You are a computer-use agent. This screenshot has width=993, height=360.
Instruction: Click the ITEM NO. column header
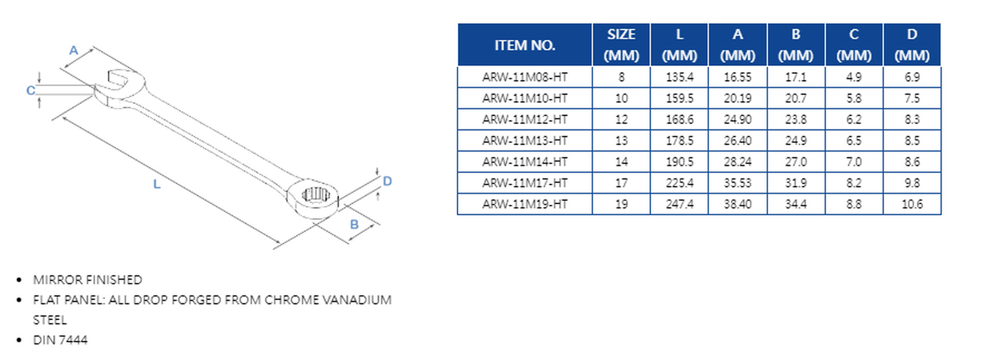coord(524,45)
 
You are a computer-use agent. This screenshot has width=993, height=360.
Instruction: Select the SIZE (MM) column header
coord(621,45)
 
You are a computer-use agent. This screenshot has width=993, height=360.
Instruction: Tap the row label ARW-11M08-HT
coord(524,77)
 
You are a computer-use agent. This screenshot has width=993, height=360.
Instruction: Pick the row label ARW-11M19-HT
coord(524,204)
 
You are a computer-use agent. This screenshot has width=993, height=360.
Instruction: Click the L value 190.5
coord(679,162)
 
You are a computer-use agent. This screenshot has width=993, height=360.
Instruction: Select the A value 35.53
coord(738,183)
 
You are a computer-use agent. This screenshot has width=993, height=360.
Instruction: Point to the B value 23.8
coord(795,119)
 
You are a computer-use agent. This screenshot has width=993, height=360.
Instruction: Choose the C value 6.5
coord(853,141)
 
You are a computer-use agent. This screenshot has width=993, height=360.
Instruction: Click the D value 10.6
coord(912,204)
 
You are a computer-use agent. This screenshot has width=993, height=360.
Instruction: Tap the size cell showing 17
coord(621,183)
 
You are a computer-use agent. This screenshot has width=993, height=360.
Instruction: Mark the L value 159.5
coord(679,98)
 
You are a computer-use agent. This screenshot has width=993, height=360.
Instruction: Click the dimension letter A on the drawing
coord(74,50)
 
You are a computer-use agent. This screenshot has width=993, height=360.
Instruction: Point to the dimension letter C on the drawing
coord(31,91)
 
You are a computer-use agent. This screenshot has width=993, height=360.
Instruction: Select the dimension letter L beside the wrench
coord(156,184)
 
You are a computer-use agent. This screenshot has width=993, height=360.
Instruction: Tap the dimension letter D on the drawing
coord(387,181)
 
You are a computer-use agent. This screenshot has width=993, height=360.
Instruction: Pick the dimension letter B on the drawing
coord(354,224)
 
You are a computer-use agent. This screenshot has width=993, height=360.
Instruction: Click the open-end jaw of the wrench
coord(117,81)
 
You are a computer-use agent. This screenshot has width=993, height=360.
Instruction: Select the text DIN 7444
coord(60,340)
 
